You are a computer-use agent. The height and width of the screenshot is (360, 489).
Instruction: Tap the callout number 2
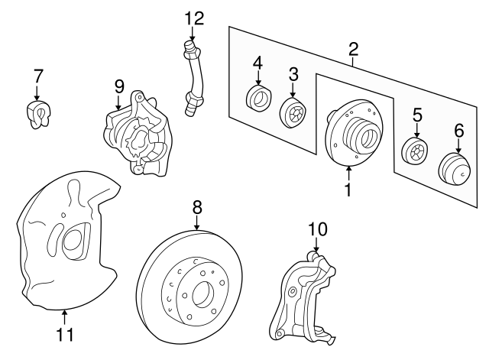[x=353, y=50]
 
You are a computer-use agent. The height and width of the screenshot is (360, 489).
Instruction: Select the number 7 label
[x=38, y=76]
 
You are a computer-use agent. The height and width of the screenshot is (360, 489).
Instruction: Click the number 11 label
[x=65, y=333]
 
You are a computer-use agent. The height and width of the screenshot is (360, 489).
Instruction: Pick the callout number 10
[x=316, y=229]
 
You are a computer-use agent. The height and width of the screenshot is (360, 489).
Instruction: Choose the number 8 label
[x=196, y=206]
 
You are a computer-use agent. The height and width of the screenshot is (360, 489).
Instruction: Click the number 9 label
[x=118, y=86]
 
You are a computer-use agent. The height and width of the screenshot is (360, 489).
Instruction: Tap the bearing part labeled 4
[x=257, y=98]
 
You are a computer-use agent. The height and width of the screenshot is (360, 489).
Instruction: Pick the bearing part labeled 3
[x=292, y=114]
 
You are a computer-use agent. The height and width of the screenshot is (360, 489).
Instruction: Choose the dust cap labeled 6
[x=456, y=167]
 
